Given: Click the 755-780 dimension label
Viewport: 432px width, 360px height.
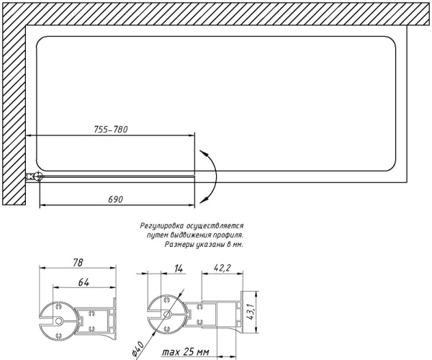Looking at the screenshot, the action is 111,129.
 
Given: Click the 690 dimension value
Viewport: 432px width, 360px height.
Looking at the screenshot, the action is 115,199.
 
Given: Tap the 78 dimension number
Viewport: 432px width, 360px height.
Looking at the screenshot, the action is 78,262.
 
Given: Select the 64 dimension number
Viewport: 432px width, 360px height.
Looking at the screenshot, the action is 84,282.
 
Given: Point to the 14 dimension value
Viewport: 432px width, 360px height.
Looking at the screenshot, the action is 179,269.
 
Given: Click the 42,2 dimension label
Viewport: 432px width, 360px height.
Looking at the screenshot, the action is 222,267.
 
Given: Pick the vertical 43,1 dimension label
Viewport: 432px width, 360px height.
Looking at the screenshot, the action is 251,312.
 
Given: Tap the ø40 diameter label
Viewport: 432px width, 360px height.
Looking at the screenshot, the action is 137,349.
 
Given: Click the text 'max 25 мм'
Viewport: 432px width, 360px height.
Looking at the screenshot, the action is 186,352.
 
